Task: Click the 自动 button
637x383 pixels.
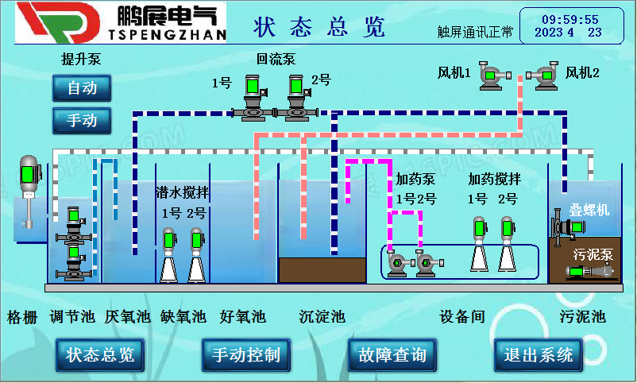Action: [x=82, y=88]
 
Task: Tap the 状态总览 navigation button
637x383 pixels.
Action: [x=100, y=354]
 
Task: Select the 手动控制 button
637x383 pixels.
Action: [x=246, y=354]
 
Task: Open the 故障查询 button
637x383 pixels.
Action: [x=392, y=354]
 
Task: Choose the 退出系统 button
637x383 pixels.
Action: [x=539, y=354]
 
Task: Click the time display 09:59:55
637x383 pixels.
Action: [x=570, y=19]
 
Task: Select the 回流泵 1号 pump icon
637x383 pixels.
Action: [x=253, y=99]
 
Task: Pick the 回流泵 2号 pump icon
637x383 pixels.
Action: [x=296, y=99]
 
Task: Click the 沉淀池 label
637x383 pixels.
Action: [x=322, y=317]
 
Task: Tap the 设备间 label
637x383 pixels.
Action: [x=462, y=317]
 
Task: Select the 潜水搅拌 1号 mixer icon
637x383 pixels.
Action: [x=168, y=253]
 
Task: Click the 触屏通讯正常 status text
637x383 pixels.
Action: [x=475, y=33]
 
